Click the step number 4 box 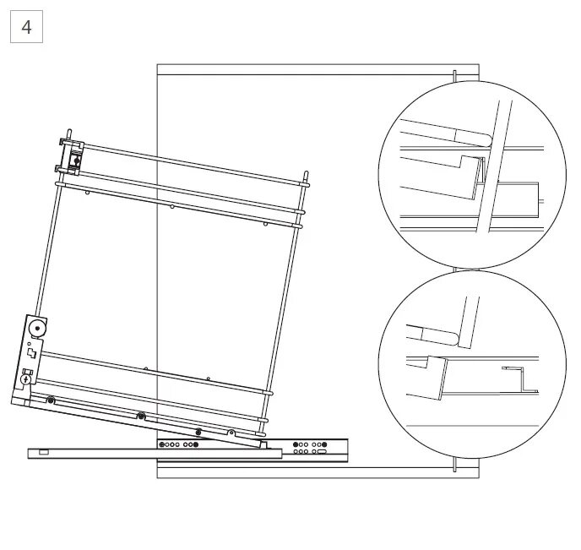[x=26, y=27]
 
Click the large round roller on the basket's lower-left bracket [x=37, y=327]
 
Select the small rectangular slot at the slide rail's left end [x=43, y=453]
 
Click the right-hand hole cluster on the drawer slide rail [x=310, y=448]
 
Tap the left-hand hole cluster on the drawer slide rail [x=179, y=444]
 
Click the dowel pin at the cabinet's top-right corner [x=455, y=75]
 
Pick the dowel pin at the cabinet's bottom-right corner [x=455, y=466]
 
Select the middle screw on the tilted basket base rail [x=141, y=416]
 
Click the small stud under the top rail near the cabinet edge [x=172, y=206]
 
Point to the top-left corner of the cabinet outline [x=158, y=65]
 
